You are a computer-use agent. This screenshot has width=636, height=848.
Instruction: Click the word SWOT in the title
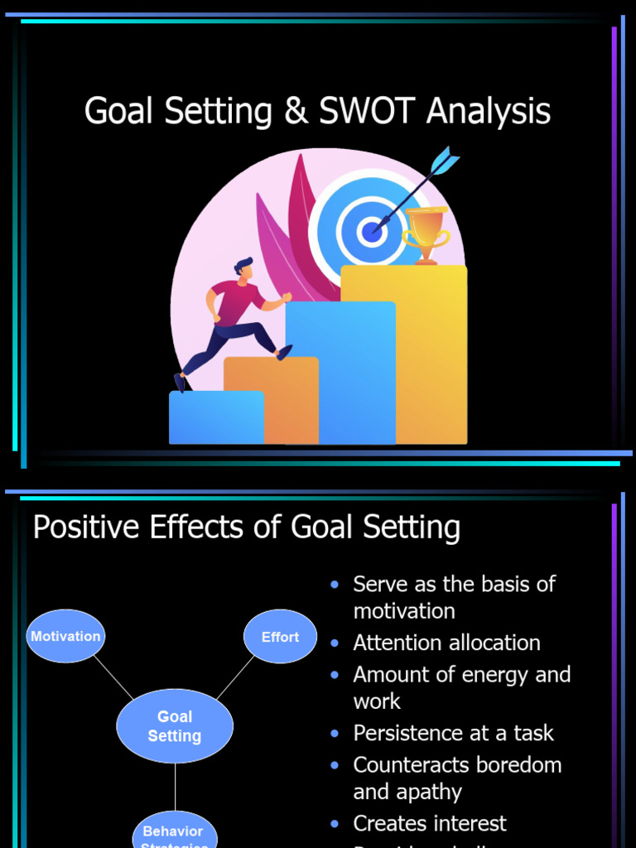point(367,112)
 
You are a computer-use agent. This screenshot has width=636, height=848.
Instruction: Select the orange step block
point(273,397)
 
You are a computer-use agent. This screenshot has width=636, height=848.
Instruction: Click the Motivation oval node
point(65,636)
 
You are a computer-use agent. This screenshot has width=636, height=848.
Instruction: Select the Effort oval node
point(280,637)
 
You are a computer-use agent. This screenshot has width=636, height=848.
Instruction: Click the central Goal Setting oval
point(175,726)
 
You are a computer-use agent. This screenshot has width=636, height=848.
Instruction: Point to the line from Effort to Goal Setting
point(235,678)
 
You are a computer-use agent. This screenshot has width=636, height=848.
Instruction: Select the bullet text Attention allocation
point(446,643)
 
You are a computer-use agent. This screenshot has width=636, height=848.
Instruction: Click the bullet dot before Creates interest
point(335,824)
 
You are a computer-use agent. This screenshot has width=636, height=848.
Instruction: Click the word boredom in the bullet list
point(514,764)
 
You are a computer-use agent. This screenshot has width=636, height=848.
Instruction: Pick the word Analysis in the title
point(489,112)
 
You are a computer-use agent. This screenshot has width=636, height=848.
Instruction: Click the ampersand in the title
point(295,112)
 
